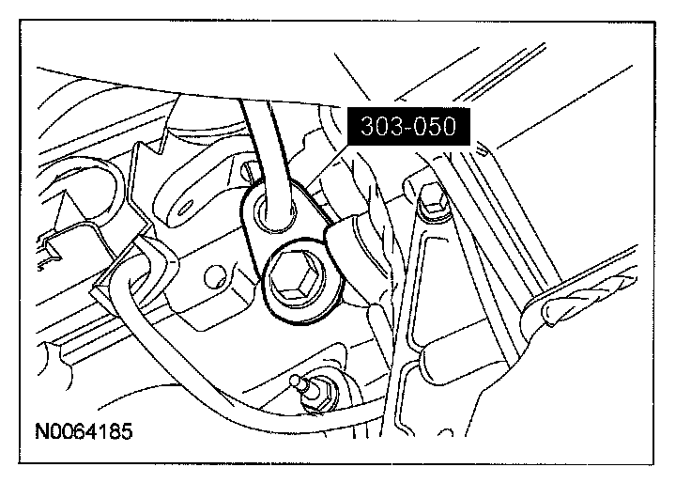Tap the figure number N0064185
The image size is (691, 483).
click(84, 432)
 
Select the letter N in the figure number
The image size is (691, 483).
click(41, 432)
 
